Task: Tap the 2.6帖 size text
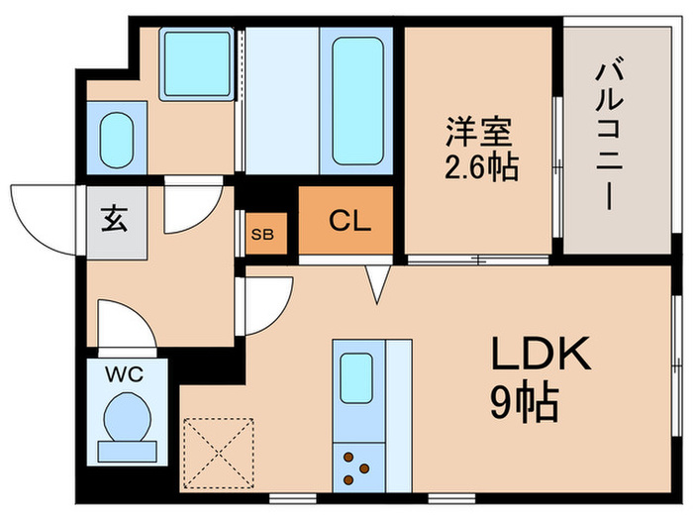point(482,165)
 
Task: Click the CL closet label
point(349,220)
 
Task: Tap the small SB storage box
point(263,235)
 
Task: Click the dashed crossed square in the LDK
point(220,452)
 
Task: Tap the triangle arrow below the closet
point(376,285)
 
